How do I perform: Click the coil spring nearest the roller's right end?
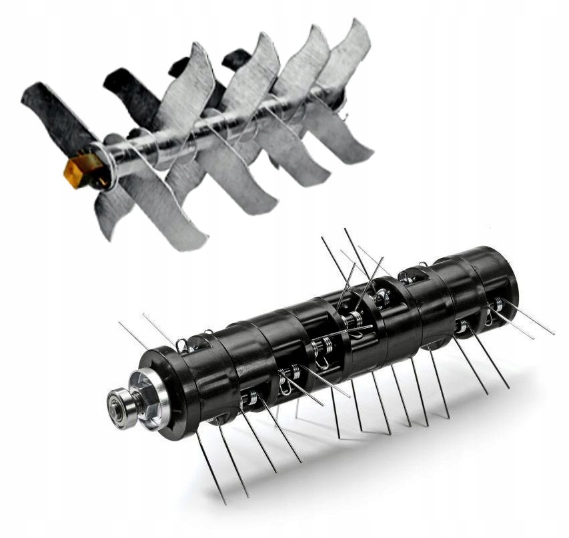(x=496, y=305)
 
